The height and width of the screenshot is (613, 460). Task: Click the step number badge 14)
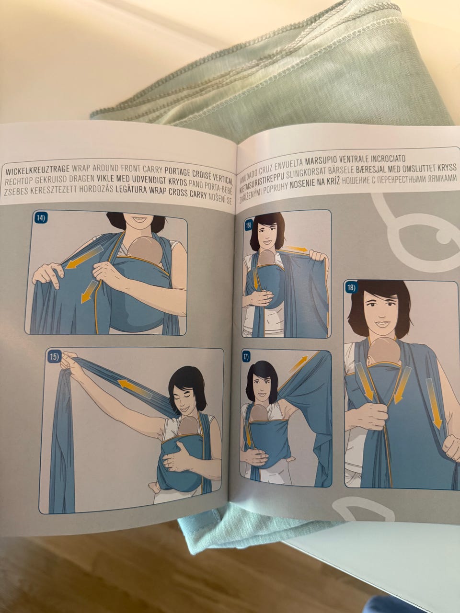[41, 218]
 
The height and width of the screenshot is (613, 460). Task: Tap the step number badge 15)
[54, 357]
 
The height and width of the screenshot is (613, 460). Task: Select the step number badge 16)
[248, 226]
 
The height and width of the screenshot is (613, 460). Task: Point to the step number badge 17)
[245, 357]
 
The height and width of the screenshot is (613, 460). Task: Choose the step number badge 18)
[350, 287]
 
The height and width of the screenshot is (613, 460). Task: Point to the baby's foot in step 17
[291, 458]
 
